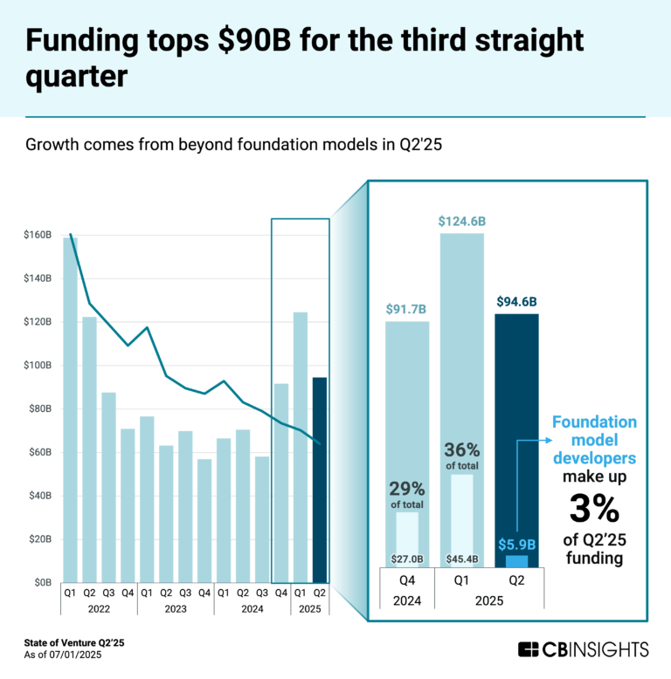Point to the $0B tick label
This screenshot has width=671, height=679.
tap(43, 582)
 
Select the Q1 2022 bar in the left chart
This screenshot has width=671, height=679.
tap(70, 409)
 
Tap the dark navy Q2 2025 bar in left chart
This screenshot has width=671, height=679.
tap(320, 479)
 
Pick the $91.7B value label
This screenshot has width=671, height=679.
tap(407, 309)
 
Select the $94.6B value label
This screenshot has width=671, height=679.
tap(516, 302)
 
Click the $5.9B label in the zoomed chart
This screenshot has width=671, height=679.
tap(516, 545)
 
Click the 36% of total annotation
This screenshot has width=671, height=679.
tap(462, 456)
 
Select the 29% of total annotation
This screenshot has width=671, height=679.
tap(407, 494)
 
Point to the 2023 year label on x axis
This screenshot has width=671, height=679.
tap(176, 609)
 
